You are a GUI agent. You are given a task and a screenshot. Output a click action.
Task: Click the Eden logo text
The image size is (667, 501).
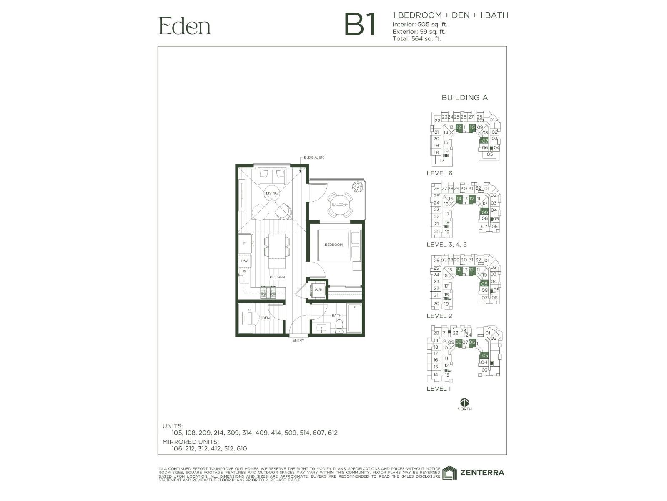point(185,26)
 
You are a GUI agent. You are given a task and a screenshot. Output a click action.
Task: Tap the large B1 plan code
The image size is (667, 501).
point(361,25)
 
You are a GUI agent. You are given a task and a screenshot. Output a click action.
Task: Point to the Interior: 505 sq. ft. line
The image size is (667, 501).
point(420,24)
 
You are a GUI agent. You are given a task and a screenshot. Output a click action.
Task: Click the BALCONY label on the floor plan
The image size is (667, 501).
point(339,205)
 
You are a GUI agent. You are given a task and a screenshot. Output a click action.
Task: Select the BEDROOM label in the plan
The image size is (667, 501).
point(333,245)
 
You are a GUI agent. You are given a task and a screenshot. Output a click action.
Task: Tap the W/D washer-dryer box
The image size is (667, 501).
point(318,290)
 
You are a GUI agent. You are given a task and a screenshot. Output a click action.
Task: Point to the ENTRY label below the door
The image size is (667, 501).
point(298,340)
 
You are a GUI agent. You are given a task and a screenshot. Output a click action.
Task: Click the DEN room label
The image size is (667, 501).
point(266,318)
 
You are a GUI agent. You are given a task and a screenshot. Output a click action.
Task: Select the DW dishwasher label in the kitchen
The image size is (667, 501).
point(244,261)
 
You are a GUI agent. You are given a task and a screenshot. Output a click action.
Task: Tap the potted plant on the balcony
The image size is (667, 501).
point(357,187)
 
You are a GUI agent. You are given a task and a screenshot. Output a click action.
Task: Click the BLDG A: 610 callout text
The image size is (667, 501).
point(314,157)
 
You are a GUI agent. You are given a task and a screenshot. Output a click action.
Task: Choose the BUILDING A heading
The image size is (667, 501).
point(464,98)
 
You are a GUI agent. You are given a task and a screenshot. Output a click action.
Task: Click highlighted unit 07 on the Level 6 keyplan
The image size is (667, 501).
point(485,141)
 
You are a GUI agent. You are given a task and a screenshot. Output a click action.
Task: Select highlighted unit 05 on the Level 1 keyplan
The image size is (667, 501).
point(484,355)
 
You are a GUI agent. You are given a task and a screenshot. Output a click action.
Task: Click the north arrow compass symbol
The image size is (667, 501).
point(464,402)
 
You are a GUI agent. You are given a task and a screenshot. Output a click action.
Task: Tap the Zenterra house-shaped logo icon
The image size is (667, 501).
point(449,473)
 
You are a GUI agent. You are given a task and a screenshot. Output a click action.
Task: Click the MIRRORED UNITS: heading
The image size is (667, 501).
point(190,441)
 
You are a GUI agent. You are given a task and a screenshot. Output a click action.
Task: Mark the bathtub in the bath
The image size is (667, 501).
point(355,319)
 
